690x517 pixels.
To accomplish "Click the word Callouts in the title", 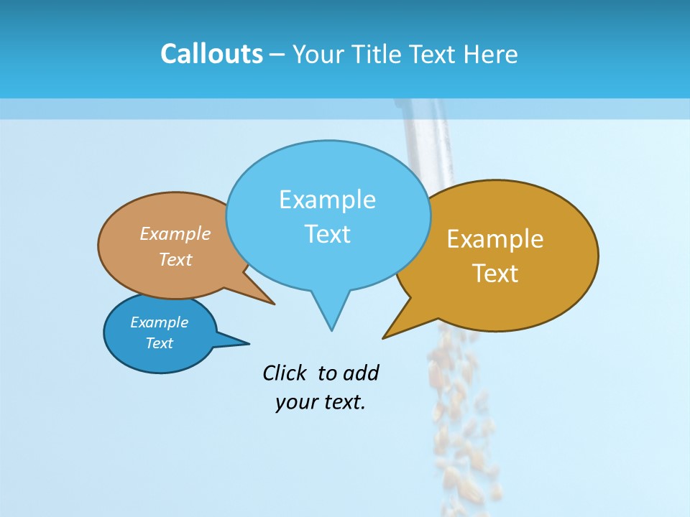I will pos(211,54).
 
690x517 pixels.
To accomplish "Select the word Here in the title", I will pos(492,54).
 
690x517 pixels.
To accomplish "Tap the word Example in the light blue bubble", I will pos(327,200).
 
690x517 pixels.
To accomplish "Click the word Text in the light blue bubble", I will pos(327,234).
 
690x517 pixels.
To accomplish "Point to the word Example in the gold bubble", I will pos(495,239).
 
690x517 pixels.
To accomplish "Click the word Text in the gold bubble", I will pos(495,274).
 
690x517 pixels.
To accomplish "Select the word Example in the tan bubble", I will pos(175,233).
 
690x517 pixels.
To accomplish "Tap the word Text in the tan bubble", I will pos(175,259).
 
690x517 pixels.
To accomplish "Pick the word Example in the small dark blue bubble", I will pos(159,322).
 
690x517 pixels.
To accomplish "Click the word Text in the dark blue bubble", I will pos(159,343).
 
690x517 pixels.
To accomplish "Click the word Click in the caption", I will pos(286,373).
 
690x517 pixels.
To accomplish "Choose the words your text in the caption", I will pos(320,402).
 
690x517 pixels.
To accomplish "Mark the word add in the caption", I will pos(361,373).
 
